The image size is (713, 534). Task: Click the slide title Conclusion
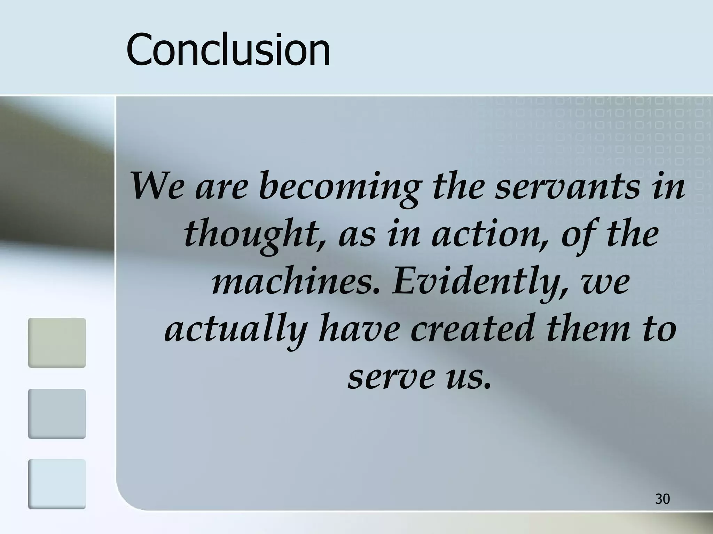[228, 49]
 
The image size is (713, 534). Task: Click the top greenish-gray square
[57, 342]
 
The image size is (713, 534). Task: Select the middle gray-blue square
[57, 413]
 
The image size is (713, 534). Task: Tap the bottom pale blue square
[57, 484]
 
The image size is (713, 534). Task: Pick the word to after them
[660, 329]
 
